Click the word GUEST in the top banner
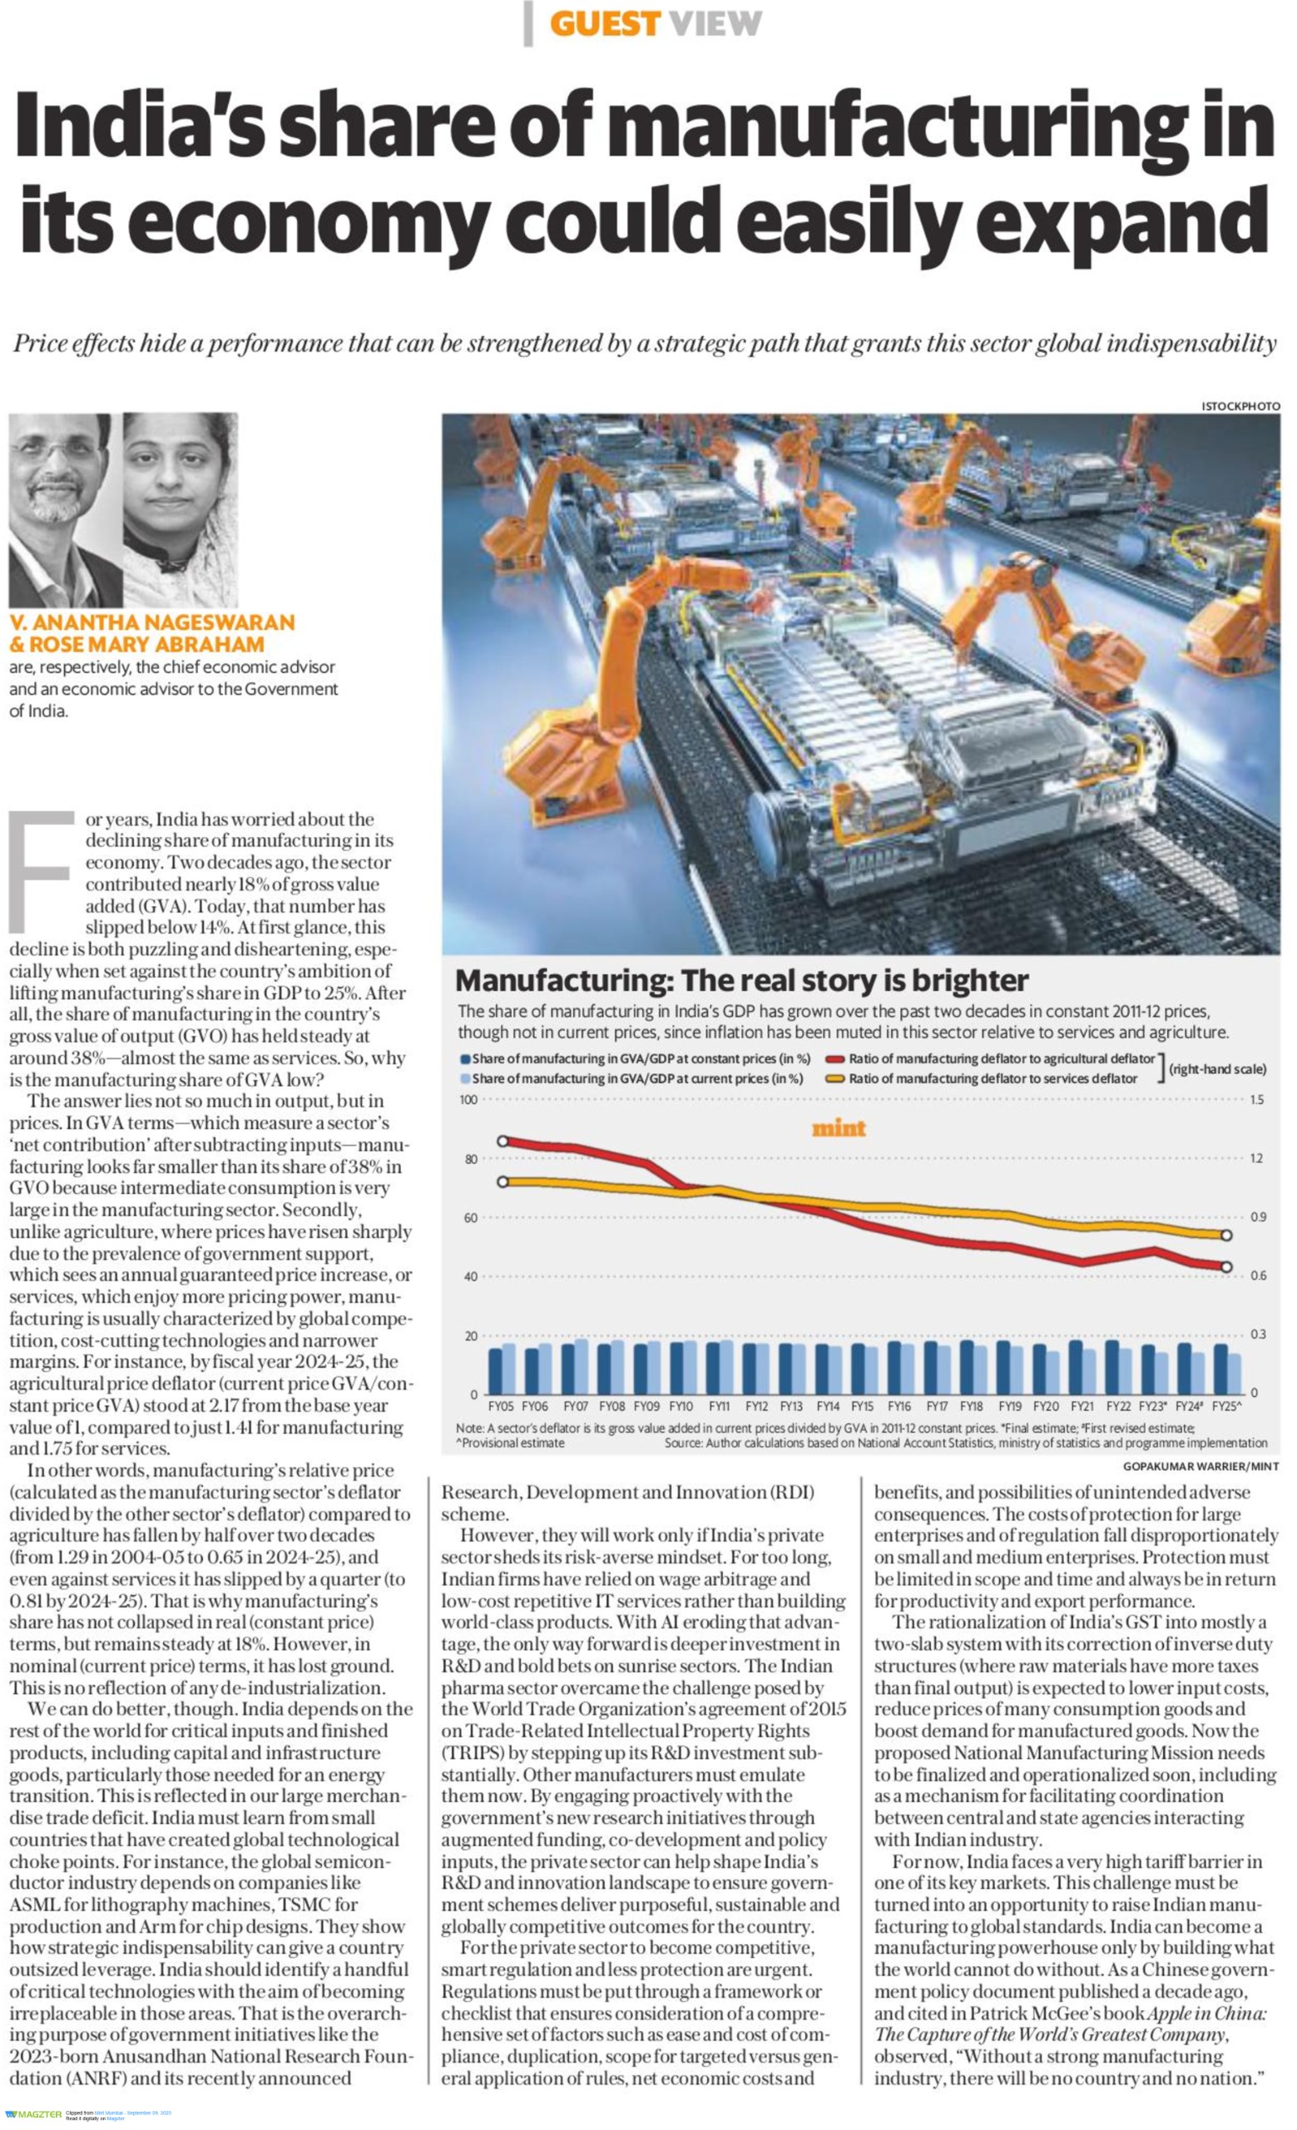point(604,24)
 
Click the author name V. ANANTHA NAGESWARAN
point(152,622)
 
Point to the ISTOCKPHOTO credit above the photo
point(1240,406)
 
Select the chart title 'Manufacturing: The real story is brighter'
point(741,980)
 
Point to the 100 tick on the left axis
point(468,1100)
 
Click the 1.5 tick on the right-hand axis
point(1256,1100)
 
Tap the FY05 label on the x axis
point(501,1406)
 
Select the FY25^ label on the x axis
point(1226,1406)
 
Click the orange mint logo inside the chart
point(838,1128)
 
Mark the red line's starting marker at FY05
point(502,1141)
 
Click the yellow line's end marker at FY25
point(1225,1236)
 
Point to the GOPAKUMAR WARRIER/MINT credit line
point(1201,1466)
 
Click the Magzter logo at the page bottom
point(32,2114)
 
